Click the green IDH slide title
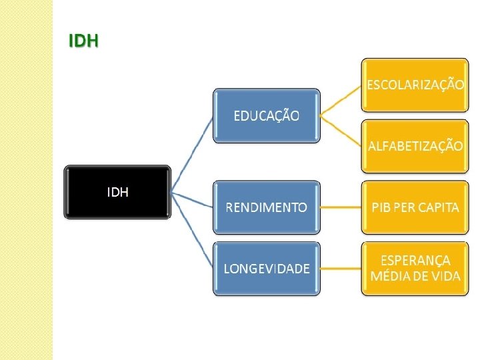(x=83, y=41)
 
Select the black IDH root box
(x=117, y=192)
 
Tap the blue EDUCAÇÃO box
(x=266, y=115)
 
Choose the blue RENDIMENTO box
(x=266, y=207)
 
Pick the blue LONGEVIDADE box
(x=266, y=269)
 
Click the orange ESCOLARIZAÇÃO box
(x=414, y=85)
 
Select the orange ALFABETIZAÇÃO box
(x=414, y=146)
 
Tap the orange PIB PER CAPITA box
(x=414, y=207)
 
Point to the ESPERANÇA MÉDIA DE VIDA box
(x=414, y=269)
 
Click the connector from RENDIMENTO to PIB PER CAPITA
(x=341, y=207)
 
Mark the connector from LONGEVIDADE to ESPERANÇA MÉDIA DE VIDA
(x=341, y=269)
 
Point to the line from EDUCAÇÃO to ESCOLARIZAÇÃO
(x=341, y=100)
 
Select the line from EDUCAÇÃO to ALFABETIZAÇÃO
(x=341, y=131)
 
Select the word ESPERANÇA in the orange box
(x=415, y=261)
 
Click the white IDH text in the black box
(x=118, y=193)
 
